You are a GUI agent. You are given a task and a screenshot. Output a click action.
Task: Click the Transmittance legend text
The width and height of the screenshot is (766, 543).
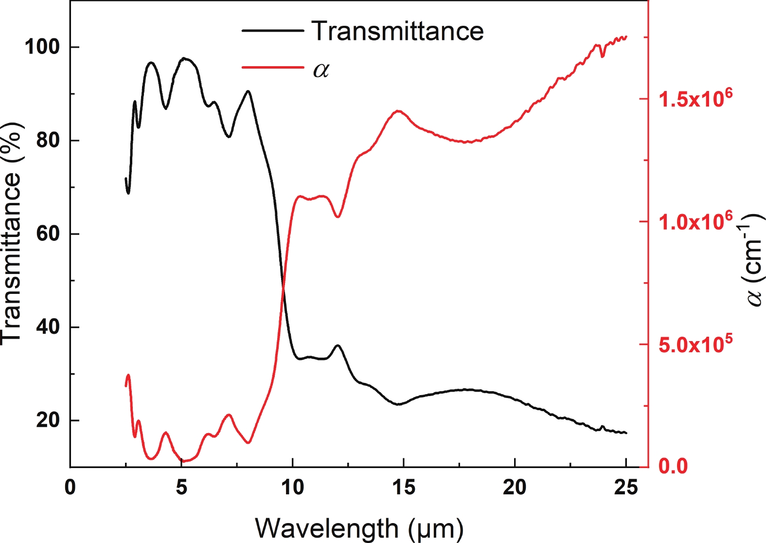[397, 31]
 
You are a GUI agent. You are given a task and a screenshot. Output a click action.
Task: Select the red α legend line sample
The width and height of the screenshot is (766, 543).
[273, 67]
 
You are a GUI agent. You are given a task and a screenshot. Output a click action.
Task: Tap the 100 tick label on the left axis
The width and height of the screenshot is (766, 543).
[42, 47]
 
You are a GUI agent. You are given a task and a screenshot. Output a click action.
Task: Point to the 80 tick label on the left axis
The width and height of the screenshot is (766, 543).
[48, 141]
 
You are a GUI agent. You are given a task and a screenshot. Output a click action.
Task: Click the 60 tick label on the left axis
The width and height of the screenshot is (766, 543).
[48, 234]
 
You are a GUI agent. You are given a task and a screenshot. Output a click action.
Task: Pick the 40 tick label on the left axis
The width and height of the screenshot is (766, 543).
[48, 327]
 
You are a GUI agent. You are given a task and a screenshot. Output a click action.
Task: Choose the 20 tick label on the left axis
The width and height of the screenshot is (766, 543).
[48, 420]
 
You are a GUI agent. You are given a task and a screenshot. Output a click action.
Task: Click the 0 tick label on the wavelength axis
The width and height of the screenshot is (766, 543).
[71, 487]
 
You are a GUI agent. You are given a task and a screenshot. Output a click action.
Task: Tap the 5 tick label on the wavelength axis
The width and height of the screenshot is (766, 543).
[181, 487]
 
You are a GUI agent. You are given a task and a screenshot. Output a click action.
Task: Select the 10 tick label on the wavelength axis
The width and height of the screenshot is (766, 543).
[292, 487]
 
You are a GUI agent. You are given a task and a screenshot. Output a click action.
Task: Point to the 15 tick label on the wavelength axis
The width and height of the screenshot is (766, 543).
[404, 487]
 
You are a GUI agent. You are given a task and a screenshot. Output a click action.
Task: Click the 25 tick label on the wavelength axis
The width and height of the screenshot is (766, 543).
[626, 487]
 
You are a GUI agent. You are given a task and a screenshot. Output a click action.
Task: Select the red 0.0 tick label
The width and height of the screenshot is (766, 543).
[673, 466]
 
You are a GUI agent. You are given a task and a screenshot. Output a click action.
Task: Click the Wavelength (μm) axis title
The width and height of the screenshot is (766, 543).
[359, 528]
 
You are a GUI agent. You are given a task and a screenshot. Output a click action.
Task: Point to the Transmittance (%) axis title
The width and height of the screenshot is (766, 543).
[12, 233]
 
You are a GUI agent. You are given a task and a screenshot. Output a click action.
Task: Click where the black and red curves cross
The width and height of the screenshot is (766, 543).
[283, 289]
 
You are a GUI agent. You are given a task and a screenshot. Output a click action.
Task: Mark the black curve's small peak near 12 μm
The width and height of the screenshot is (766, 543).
[338, 345]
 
